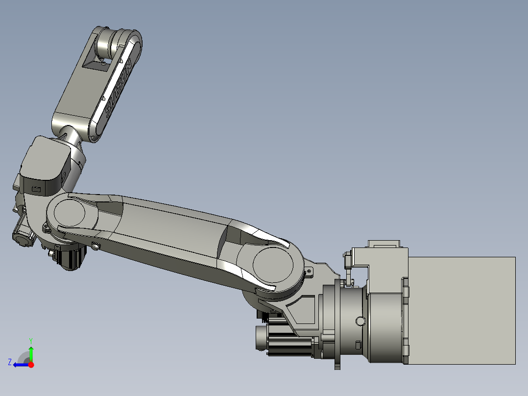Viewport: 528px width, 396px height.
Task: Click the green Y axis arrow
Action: click(31, 352)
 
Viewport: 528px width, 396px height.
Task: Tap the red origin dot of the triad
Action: click(31, 365)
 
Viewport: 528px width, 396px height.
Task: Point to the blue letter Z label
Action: click(10, 362)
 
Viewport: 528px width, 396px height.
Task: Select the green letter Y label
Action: click(30, 340)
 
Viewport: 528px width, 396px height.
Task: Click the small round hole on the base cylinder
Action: click(360, 321)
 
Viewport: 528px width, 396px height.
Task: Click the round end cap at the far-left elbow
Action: click(21, 240)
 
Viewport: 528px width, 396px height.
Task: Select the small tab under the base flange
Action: click(337, 365)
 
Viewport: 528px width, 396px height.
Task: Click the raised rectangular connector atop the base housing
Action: click(384, 244)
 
